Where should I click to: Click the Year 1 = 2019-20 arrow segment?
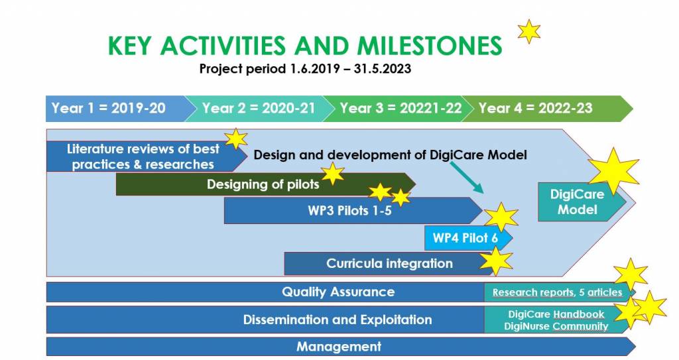pyautogui.click(x=117, y=108)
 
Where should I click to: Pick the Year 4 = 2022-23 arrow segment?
pyautogui.click(x=546, y=108)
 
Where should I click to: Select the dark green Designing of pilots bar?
pyautogui.click(x=264, y=184)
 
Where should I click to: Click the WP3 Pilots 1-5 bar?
pyautogui.click(x=351, y=211)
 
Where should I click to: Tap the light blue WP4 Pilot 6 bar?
pyautogui.click(x=467, y=238)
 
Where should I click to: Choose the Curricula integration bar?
pyautogui.click(x=390, y=264)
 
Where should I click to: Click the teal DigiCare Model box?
pyautogui.click(x=578, y=202)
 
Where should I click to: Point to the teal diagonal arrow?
pyautogui.click(x=467, y=177)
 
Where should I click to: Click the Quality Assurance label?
pyautogui.click(x=338, y=292)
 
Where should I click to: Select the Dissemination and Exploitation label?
pyautogui.click(x=338, y=320)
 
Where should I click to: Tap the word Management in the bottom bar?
pyautogui.click(x=339, y=347)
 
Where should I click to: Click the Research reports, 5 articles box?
pyautogui.click(x=558, y=292)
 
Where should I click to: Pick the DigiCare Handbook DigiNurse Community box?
pyautogui.click(x=558, y=320)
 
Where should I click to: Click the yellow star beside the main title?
pyautogui.click(x=529, y=31)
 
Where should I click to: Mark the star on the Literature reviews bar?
pyautogui.click(x=236, y=139)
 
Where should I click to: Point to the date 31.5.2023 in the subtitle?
pyautogui.click(x=383, y=69)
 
